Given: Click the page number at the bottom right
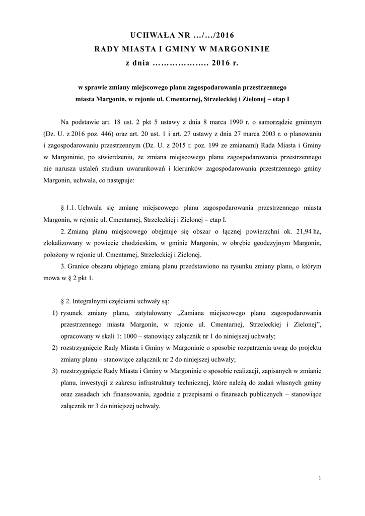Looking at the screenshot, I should pos(320,478).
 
